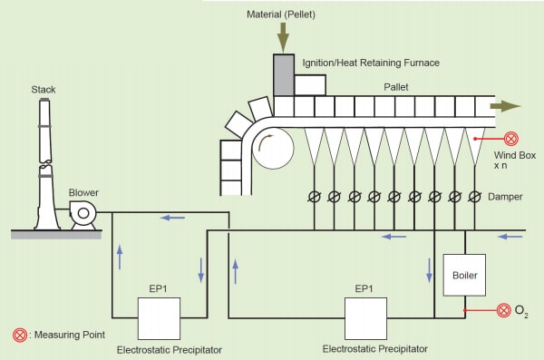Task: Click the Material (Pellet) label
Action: point(281,15)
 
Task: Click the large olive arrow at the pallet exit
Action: point(505,106)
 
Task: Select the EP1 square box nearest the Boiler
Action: point(365,316)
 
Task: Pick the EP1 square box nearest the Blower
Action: point(158,317)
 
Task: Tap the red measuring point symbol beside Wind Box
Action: point(510,139)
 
